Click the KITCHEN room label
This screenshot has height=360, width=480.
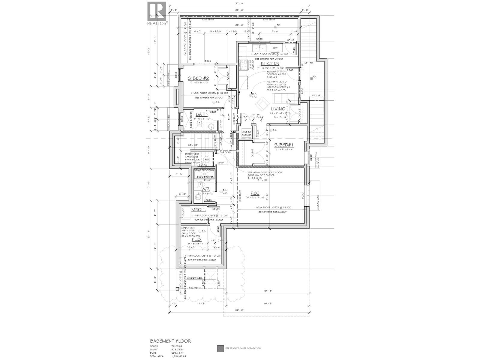(x=270, y=64)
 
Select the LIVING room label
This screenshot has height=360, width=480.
(x=278, y=109)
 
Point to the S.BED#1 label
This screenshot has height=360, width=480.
(x=284, y=145)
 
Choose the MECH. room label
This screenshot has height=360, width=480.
(x=198, y=209)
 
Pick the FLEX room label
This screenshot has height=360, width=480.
(x=197, y=239)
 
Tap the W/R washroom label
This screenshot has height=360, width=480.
(x=205, y=189)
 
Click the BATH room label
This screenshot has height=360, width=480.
(x=201, y=114)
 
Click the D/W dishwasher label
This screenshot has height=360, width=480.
(x=275, y=48)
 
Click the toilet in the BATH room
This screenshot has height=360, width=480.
(x=199, y=123)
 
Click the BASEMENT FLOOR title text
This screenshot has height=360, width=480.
(x=170, y=341)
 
